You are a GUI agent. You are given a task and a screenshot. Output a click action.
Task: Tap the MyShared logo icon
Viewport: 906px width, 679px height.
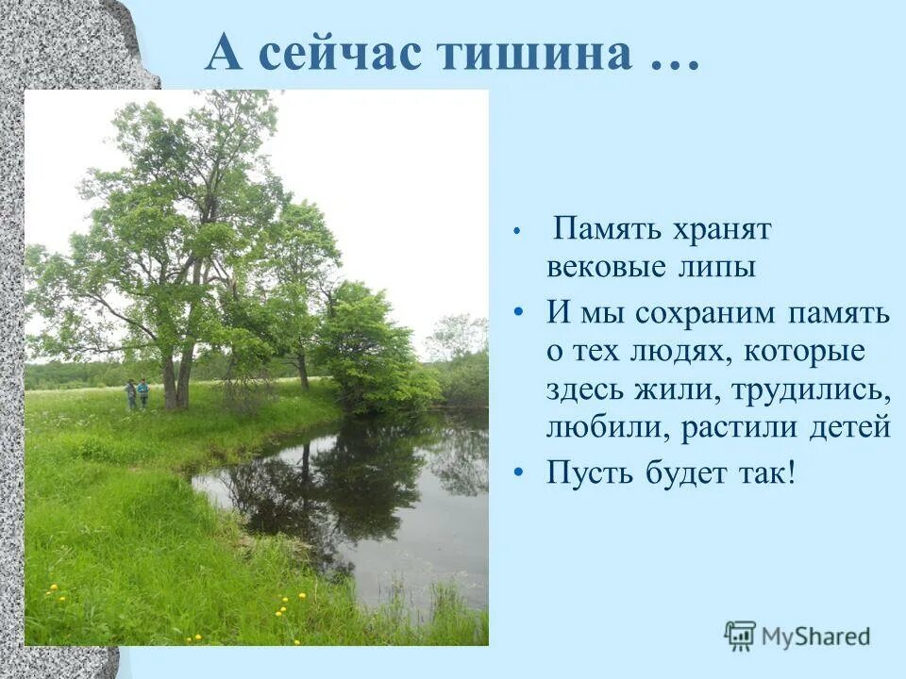pyautogui.click(x=740, y=637)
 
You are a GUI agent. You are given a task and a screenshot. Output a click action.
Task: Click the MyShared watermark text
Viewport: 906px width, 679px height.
pyautogui.click(x=816, y=637)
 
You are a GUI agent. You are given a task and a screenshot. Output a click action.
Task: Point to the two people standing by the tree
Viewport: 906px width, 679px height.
pyautogui.click(x=137, y=393)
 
